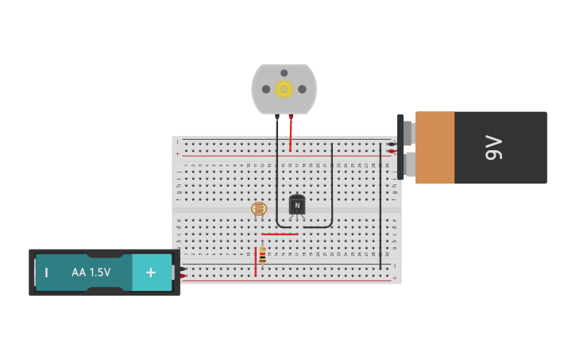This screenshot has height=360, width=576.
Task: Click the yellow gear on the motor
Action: [x=284, y=89]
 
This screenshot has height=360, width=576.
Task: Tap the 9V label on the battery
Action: [x=494, y=148]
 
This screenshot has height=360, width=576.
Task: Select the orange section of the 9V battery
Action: [x=435, y=148]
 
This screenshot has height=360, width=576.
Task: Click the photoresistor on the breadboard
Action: [x=259, y=209]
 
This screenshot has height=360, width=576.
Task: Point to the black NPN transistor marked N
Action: [x=297, y=205]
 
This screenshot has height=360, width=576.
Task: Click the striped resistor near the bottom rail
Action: [x=262, y=255]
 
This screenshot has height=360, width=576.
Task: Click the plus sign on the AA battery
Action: [x=150, y=273]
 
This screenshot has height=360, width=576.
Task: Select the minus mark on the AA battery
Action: [x=46, y=273]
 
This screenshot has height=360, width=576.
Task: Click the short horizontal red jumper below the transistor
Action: [x=280, y=234]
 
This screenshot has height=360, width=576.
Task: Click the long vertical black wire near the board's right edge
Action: [x=380, y=207]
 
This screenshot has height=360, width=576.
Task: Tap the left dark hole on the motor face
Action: [x=266, y=89]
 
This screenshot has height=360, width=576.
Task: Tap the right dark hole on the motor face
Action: [x=302, y=89]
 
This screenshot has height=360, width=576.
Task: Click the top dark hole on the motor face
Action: [x=284, y=73]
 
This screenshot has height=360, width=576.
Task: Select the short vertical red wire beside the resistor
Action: [x=256, y=262]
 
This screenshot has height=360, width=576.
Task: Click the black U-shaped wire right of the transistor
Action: [x=331, y=191]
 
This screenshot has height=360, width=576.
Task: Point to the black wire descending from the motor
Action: [x=277, y=175]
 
